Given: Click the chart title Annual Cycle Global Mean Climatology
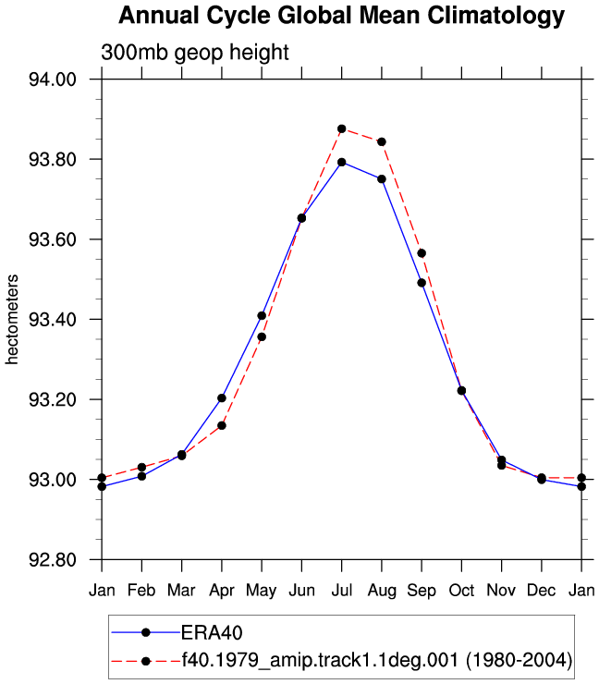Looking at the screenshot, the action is pos(342,16).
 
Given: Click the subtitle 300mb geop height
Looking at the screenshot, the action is pos(194,53).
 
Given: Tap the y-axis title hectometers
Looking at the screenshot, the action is pos(12,319).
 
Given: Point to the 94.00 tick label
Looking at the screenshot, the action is pos(53,79).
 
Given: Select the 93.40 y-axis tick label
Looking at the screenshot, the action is pos(53,319).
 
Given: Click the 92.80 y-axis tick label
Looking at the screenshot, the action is pos(53,559).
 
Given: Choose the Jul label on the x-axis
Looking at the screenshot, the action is pos(342,591).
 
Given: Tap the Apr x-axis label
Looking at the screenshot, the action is pos(222,591).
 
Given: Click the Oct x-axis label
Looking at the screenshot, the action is pos(461,591).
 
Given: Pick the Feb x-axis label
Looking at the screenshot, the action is pos(141,591).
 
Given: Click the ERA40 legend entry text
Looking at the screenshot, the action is pos(212,632).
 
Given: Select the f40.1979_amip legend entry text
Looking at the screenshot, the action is pos(377,660).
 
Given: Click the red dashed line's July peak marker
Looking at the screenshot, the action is pos(342,129).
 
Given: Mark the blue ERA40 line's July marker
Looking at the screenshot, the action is pos(342,163).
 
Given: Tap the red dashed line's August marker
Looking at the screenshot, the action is pos(382,141).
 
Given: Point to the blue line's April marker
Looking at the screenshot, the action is pos(222,398).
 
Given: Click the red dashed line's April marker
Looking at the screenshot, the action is pos(222,425).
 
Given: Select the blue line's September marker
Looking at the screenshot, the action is pos(422,283).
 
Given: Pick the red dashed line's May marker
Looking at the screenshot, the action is pos(262,337).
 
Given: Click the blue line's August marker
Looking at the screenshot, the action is pos(382,179).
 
